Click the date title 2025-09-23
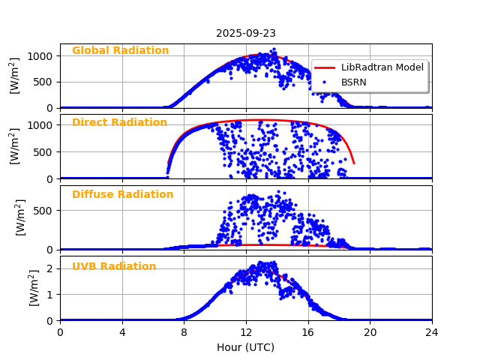tap(246, 33)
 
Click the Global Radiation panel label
tap(120, 51)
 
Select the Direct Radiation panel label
tap(119, 123)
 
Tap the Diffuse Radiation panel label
tap(122, 195)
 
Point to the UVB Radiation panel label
tap(114, 267)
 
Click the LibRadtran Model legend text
tap(382, 67)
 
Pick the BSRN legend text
tap(353, 82)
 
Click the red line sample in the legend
tap(326, 67)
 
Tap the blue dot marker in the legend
tap(326, 82)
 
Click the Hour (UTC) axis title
tap(246, 348)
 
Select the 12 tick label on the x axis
tap(246, 332)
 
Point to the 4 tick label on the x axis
tap(122, 332)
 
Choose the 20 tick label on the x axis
tap(370, 332)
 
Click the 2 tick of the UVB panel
tap(51, 268)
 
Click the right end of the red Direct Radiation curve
tap(353, 163)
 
